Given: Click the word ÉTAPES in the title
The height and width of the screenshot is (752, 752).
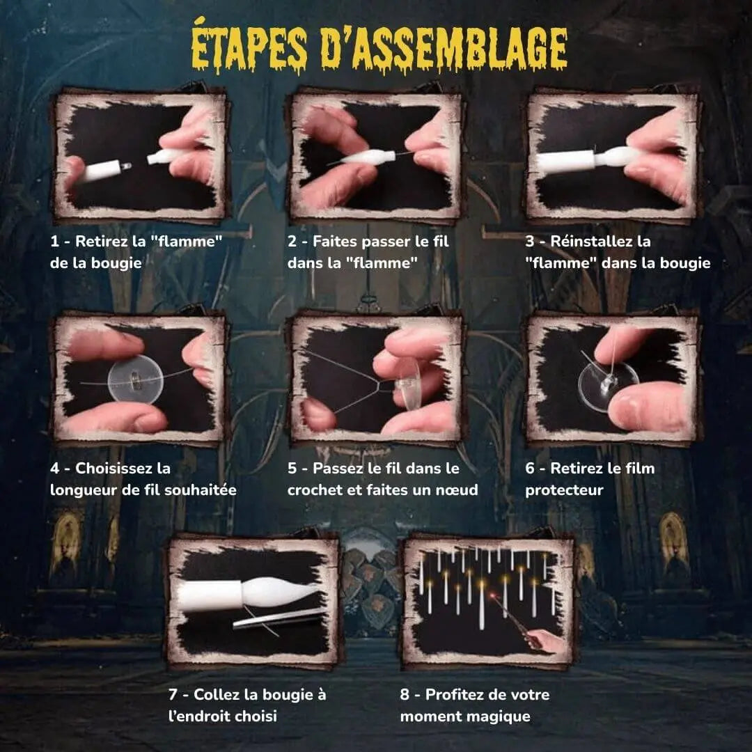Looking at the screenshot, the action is (249, 47).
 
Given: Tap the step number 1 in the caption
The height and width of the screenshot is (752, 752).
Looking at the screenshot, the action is (54, 241).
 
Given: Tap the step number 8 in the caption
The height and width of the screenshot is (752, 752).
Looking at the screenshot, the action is (405, 694).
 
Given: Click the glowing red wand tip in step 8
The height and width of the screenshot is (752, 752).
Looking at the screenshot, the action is (492, 596).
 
